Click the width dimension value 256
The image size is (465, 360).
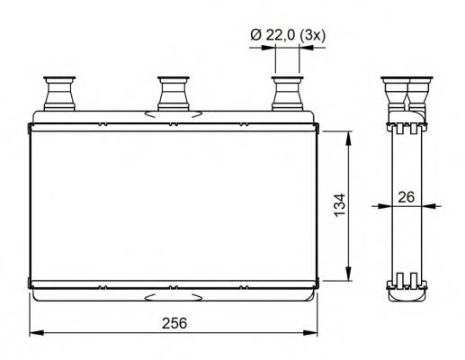click(175, 322)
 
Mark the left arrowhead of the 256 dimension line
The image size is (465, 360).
click(35, 332)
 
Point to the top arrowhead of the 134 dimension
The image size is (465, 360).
click(348, 135)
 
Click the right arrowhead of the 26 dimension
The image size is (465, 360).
click(426, 204)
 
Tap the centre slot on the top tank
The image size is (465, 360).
click(174, 114)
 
